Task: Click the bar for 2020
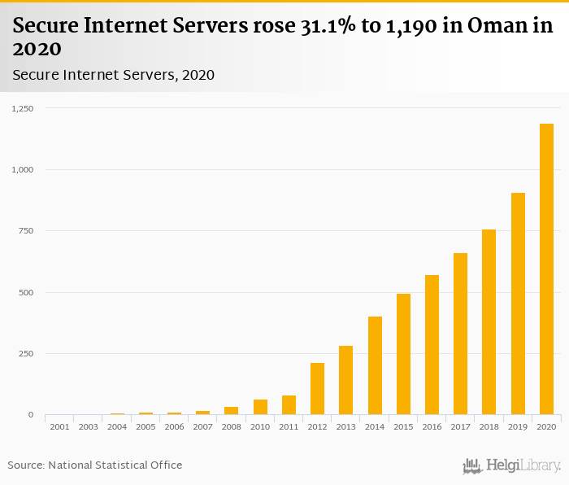546,269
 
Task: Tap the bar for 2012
317,389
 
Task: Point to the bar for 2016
432,345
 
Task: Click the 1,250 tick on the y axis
24,108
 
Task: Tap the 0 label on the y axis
32,415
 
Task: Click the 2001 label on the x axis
59,426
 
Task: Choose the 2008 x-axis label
231,426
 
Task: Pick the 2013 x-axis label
345,426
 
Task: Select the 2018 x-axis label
489,426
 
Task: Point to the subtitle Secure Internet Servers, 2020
114,75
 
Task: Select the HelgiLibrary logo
512,465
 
